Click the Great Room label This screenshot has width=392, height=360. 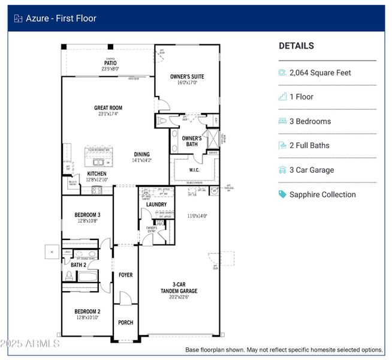108,108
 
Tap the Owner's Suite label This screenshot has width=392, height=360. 187,76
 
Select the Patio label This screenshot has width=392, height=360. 110,63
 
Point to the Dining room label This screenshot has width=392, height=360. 142,154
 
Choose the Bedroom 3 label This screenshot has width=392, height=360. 88,215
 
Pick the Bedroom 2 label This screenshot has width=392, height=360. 88,311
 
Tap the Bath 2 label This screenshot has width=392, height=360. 79,265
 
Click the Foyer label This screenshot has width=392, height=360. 125,275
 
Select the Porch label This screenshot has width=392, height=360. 125,323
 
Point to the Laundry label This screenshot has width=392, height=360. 156,205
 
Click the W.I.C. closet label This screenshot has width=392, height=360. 194,170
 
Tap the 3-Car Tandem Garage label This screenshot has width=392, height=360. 180,288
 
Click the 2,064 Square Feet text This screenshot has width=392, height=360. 320,73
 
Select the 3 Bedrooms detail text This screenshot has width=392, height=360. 310,121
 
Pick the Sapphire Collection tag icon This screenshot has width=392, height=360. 282,194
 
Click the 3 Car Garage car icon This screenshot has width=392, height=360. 282,170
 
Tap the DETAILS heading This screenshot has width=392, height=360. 296,46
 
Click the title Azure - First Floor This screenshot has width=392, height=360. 61,18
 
